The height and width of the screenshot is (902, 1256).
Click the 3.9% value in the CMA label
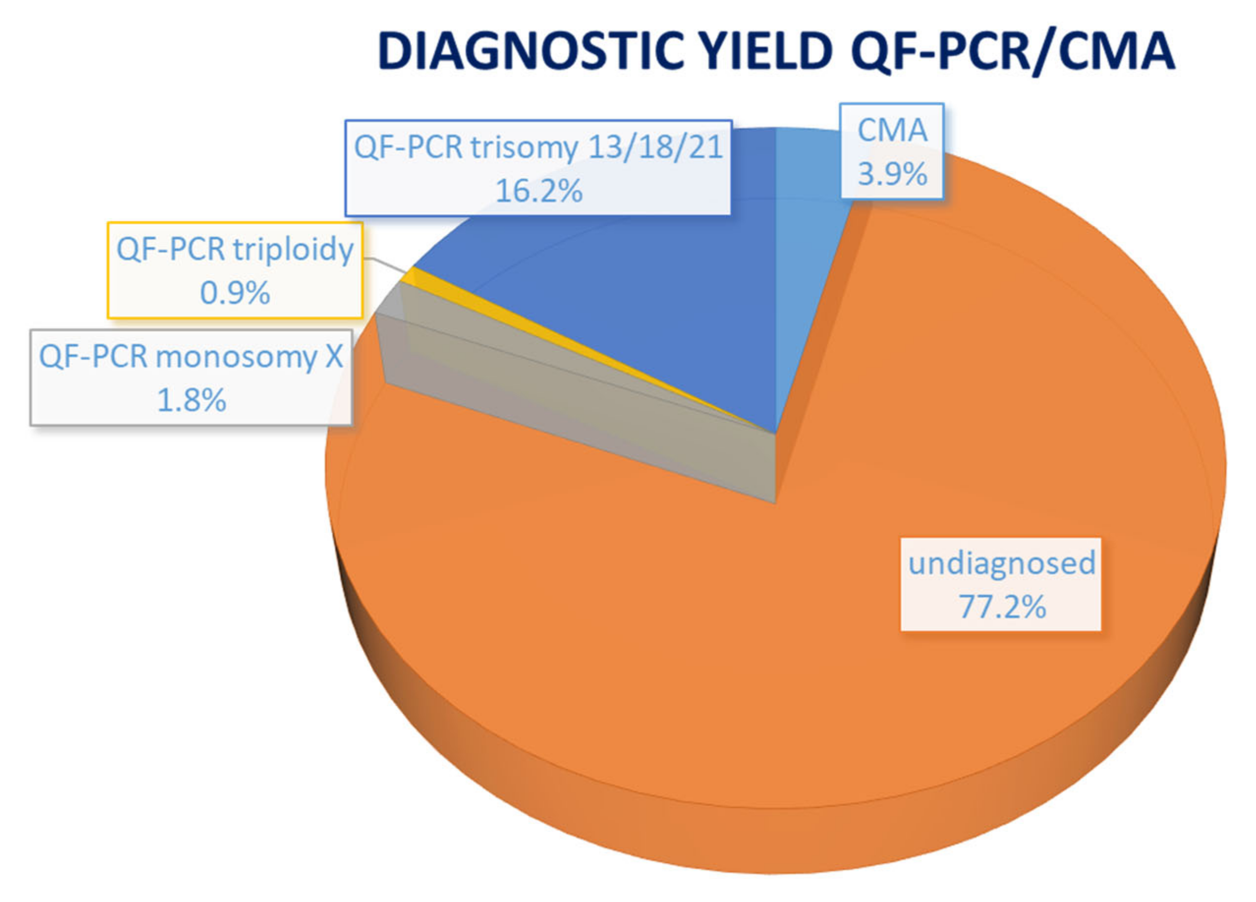pyautogui.click(x=892, y=174)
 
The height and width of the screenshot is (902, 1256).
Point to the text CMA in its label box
pyautogui.click(x=892, y=131)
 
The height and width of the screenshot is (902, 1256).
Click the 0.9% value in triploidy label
pyautogui.click(x=235, y=294)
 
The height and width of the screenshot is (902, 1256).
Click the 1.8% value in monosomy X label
pyautogui.click(x=192, y=400)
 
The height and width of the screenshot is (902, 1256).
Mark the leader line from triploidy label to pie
pyautogui.click(x=388, y=264)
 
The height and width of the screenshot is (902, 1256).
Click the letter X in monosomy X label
pyautogui.click(x=334, y=357)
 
